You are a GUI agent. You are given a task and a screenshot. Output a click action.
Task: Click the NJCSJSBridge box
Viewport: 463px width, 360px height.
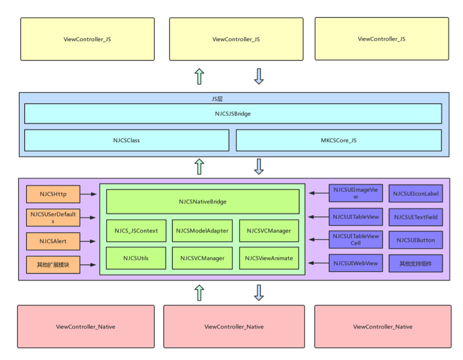click(x=233, y=113)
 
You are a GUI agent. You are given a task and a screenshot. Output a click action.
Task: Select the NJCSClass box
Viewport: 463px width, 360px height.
click(x=127, y=140)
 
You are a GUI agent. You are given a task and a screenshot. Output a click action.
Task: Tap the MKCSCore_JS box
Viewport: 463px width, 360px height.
click(x=338, y=140)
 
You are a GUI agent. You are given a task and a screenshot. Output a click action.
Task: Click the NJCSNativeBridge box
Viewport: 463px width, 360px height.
click(x=202, y=202)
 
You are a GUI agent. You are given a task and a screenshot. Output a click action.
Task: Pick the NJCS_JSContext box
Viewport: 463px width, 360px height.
click(x=136, y=231)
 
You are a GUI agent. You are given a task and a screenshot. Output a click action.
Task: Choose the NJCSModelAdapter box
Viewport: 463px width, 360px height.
click(x=202, y=231)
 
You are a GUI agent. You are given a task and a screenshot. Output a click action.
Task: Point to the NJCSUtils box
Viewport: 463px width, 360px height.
click(x=136, y=258)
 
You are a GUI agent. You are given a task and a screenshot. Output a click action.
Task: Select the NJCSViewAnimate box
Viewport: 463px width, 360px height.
click(x=269, y=258)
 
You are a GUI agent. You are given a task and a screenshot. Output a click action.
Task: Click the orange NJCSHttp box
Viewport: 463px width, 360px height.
click(x=53, y=194)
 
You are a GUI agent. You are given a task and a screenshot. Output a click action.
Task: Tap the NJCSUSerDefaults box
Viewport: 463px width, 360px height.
click(x=53, y=217)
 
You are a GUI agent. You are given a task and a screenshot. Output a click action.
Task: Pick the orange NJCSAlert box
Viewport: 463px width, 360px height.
click(x=53, y=241)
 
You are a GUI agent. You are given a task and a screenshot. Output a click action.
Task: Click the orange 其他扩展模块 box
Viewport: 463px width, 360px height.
click(x=53, y=264)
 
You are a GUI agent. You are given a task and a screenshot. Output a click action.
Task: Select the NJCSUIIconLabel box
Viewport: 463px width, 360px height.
click(x=416, y=194)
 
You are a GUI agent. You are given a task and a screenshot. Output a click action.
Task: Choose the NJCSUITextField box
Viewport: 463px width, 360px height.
click(x=416, y=217)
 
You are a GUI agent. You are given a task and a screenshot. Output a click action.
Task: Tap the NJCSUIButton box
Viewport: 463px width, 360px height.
click(x=416, y=240)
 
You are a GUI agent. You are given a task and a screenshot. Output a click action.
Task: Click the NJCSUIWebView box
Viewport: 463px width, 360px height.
click(x=356, y=263)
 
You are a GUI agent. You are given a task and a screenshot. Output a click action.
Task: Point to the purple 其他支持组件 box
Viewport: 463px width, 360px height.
click(x=416, y=263)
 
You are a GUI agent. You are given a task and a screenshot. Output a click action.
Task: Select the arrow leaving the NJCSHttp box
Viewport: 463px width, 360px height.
click(x=89, y=194)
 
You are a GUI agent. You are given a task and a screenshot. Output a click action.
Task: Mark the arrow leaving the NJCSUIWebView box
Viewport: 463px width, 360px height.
click(x=320, y=263)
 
